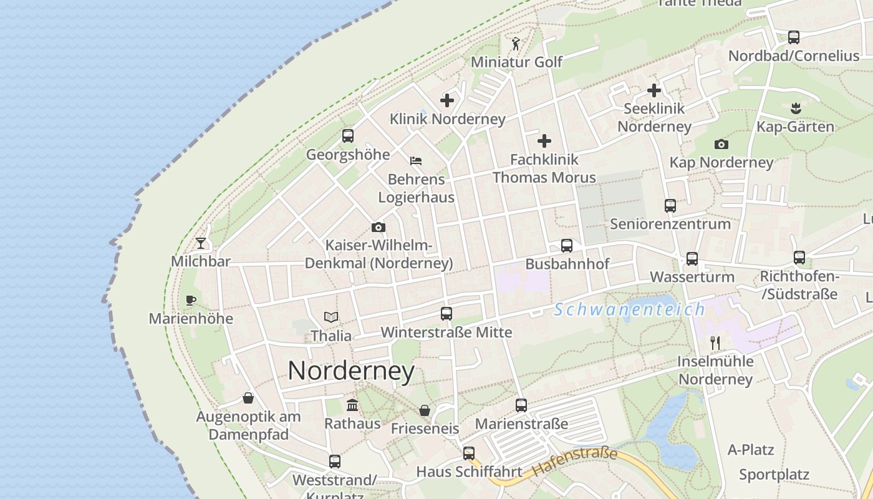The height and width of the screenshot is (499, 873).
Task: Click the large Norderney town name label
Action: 351,372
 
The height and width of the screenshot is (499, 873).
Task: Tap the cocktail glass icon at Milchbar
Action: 201,243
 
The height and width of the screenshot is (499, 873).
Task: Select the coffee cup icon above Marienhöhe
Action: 191,300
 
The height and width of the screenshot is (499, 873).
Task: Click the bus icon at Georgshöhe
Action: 348,135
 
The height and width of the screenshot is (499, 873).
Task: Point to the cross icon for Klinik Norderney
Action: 447,100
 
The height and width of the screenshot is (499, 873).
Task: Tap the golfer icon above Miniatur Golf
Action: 516,44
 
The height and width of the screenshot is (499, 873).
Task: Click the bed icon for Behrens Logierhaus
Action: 416,161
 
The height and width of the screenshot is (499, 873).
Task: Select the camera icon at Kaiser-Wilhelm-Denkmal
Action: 378,227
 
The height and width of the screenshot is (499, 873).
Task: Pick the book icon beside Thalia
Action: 331,317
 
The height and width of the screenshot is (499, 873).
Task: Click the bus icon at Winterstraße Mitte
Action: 446,313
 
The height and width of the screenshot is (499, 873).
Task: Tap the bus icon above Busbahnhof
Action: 567,246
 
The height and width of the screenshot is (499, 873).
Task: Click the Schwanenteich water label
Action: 629,309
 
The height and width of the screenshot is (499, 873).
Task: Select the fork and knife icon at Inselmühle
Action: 715,342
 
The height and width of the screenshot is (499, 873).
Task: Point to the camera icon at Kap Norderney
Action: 721,144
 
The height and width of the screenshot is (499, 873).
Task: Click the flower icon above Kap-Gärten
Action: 795,109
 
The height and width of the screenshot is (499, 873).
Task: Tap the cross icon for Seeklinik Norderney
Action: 654,90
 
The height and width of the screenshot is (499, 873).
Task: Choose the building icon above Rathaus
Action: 352,405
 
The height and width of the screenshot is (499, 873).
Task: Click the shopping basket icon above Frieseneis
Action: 425,410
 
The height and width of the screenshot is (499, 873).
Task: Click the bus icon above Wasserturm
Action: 692,258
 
